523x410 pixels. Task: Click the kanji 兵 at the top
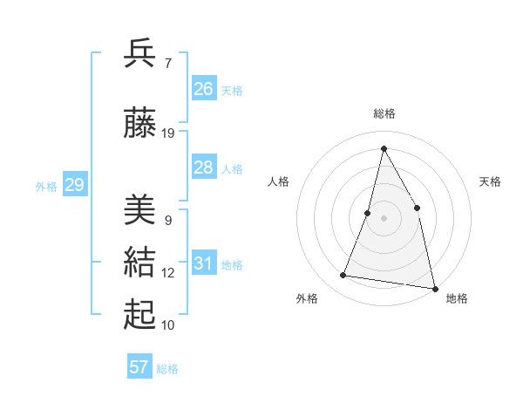coord(140,53)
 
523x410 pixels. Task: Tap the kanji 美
coord(140,210)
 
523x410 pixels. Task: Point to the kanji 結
coord(140,263)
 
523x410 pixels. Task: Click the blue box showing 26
coord(204,89)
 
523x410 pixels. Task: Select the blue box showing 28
coord(204,167)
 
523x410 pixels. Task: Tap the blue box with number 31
coord(204,263)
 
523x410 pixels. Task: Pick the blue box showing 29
coord(74,185)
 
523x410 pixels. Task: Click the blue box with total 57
coord(139,367)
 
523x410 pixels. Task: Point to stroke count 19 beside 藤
coord(168,133)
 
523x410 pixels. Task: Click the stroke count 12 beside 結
coord(168,273)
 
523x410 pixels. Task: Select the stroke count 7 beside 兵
coord(168,63)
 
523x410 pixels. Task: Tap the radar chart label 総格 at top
coord(384,113)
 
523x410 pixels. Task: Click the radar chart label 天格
coord(491,181)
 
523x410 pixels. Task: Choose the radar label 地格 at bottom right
coord(457,298)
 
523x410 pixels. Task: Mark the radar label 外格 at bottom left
coord(307,298)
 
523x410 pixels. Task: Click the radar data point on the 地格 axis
coord(434,287)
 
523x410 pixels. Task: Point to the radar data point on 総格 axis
coord(384,148)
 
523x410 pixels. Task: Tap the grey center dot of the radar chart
coord(384,218)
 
